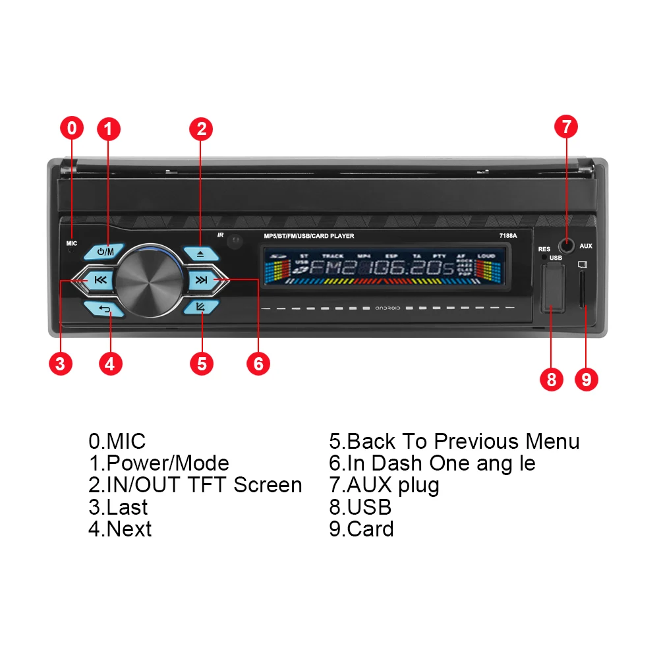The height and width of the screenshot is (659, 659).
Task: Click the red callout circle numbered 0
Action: (72, 128)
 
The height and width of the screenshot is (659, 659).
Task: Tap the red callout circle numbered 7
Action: (566, 127)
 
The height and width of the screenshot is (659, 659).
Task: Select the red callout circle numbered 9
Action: (587, 380)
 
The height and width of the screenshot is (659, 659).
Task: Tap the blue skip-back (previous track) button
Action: (100, 280)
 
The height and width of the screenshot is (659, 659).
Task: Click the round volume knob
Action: (151, 279)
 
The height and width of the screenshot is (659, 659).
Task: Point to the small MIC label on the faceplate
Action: (72, 243)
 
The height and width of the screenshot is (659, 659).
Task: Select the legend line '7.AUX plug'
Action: (384, 485)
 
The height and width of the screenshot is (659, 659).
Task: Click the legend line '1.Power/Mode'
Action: (159, 463)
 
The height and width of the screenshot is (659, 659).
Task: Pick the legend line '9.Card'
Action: (361, 529)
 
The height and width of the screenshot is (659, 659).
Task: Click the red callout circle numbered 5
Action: (202, 363)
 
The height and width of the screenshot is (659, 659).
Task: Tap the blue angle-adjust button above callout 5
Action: (201, 306)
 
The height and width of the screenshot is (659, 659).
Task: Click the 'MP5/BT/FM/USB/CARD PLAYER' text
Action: (308, 235)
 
